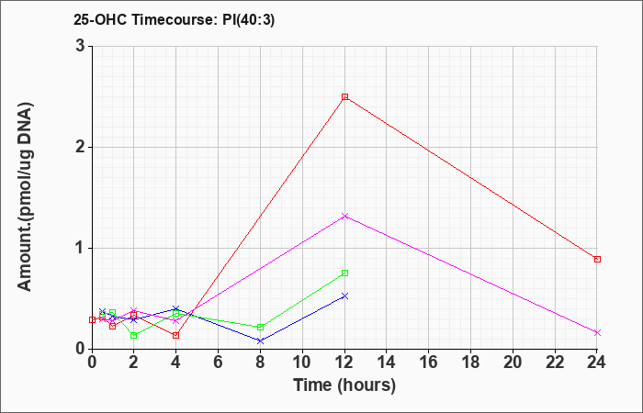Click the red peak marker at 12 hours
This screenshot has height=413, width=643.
click(344, 96)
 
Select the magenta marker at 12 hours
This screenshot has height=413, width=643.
click(344, 216)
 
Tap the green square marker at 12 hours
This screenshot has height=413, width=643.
click(344, 273)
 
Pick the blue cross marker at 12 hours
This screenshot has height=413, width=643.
click(344, 296)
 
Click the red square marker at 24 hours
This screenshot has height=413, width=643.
click(597, 259)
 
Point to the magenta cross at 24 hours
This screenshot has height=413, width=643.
click(597, 332)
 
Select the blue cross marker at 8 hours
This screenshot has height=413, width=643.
click(260, 340)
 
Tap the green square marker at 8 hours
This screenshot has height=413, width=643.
click(260, 327)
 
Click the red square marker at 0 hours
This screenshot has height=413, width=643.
click(92, 319)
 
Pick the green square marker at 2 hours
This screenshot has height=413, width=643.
click(134, 335)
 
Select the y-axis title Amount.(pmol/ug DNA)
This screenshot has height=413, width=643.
click(25, 196)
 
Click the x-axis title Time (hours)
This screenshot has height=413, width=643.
click(344, 385)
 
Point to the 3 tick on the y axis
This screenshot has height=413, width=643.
click(81, 46)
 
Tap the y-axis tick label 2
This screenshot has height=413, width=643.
click(81, 148)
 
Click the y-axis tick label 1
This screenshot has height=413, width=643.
click(81, 249)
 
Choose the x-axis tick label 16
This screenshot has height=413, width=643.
click(429, 363)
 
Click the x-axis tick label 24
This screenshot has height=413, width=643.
click(597, 363)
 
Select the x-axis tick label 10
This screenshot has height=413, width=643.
click(302, 363)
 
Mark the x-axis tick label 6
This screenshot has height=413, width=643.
click(219, 363)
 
